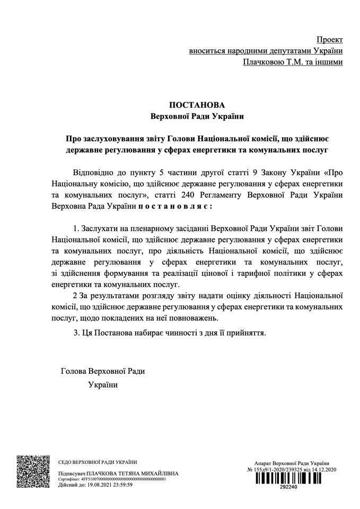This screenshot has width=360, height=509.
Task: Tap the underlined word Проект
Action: [x=329, y=40]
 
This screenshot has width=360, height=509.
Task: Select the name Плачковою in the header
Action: [x=262, y=62]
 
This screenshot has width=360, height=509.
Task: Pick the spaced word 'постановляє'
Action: [x=180, y=204]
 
